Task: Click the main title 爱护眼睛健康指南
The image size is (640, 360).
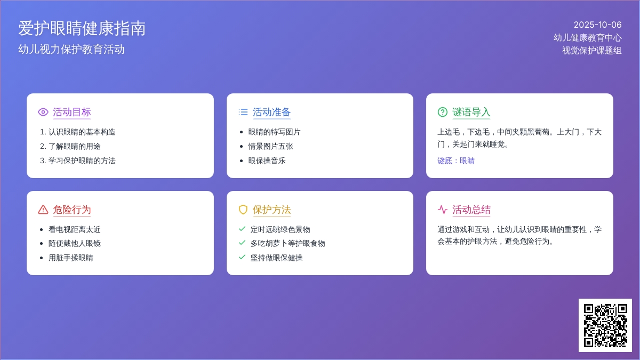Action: (x=82, y=28)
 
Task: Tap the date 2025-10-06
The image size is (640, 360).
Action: (x=597, y=25)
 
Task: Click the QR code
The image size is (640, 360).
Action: (x=605, y=325)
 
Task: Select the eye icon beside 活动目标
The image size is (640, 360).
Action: (x=43, y=112)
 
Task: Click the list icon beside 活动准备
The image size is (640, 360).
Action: (x=243, y=112)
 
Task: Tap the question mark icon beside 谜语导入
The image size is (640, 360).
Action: (x=443, y=112)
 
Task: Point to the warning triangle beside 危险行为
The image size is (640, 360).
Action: (x=43, y=210)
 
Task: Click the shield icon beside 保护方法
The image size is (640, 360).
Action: (x=243, y=210)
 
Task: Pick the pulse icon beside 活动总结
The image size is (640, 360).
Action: (x=443, y=210)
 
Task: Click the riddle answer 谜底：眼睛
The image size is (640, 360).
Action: (x=456, y=161)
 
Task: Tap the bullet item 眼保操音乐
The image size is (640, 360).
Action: (x=267, y=161)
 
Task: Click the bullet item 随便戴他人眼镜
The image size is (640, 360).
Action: (x=75, y=243)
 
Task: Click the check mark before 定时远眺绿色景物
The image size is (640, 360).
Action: (x=242, y=229)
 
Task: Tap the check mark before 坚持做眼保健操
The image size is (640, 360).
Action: (x=242, y=257)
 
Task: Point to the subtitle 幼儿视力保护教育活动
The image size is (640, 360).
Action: (x=71, y=49)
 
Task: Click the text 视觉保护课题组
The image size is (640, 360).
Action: (x=591, y=50)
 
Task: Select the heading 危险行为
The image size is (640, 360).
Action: (x=71, y=210)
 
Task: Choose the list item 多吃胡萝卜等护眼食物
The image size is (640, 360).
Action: (x=287, y=243)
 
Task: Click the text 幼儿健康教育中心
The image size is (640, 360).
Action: (x=587, y=37)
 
